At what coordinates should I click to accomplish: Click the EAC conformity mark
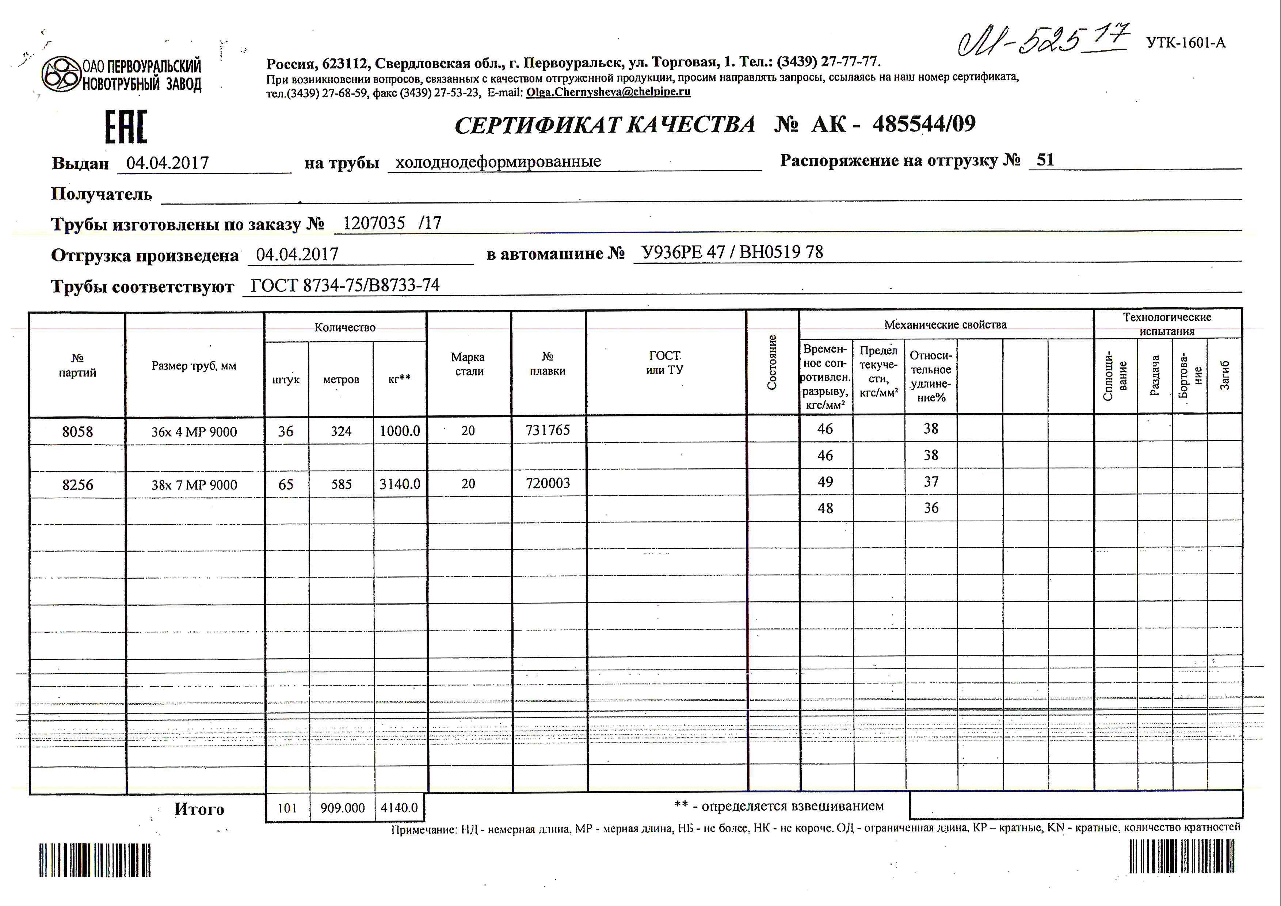[x=126, y=127]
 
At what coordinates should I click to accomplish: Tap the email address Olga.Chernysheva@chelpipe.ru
[x=608, y=92]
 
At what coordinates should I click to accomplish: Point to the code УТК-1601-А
[x=1186, y=43]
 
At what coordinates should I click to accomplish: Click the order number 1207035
[x=374, y=223]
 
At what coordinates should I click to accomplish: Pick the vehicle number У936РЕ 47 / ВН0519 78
[x=732, y=252]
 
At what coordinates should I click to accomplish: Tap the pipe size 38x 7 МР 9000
[x=194, y=485]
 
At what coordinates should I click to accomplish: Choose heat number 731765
[x=548, y=430]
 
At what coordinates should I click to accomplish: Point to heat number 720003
[x=548, y=483]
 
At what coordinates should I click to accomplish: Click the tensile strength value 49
[x=825, y=482]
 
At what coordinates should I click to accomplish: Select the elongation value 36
[x=931, y=508]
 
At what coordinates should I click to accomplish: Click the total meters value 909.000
[x=342, y=808]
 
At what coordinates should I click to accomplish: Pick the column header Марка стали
[x=468, y=364]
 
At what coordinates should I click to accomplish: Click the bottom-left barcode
[x=95, y=860]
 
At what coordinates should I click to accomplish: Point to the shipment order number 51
[x=1045, y=160]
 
